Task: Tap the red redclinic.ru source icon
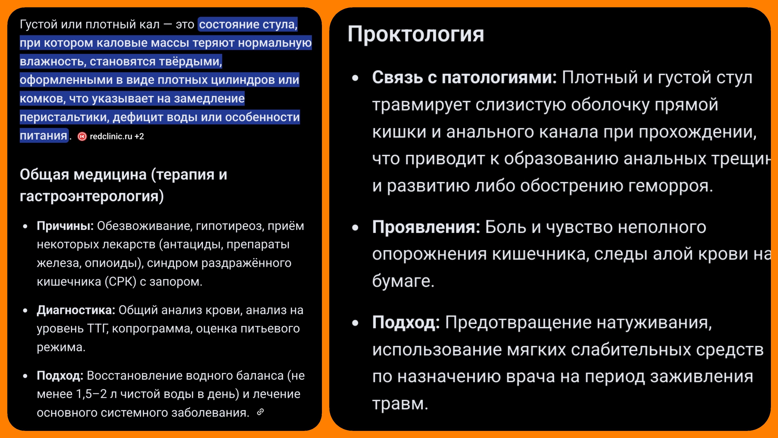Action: click(x=82, y=137)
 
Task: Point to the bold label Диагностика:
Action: click(x=76, y=310)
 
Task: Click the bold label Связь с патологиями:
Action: click(x=464, y=78)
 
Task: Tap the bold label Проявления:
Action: click(x=426, y=227)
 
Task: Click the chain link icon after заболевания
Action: click(x=260, y=412)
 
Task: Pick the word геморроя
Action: click(x=670, y=186)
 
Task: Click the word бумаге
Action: click(x=403, y=281)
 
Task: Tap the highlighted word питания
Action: click(x=44, y=136)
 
